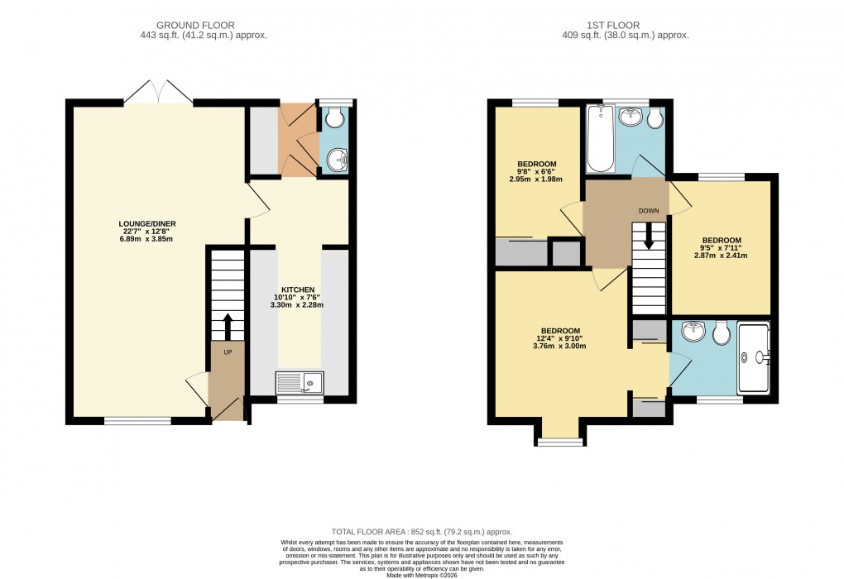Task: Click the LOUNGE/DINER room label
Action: coord(147,223)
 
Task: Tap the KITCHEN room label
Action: coord(296,289)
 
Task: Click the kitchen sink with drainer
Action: coord(300,382)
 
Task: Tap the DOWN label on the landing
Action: coord(649,210)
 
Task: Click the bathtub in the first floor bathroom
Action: coord(598,138)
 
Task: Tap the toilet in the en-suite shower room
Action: coord(721,333)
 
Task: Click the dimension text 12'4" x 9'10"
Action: coord(559,337)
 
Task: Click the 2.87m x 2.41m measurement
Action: coord(720,256)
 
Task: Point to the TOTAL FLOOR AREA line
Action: coord(421,532)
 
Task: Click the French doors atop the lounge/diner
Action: coord(162,91)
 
